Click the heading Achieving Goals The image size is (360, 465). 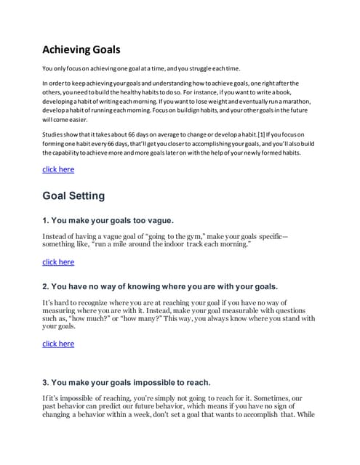pos(81,50)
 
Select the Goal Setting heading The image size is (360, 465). pos(73,195)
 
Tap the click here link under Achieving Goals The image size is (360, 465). pos(58,169)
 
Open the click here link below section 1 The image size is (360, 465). pos(58,262)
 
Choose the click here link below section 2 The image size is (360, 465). pos(58,344)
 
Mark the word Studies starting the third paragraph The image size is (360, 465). pos(55,135)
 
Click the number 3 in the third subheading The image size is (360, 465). pos(46,382)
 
